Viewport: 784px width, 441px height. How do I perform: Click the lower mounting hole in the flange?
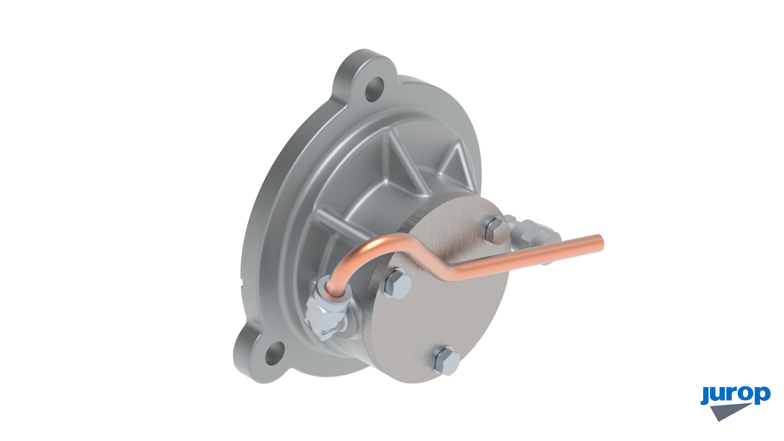pyautogui.click(x=275, y=354)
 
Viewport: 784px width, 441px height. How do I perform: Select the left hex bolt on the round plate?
pyautogui.click(x=396, y=283)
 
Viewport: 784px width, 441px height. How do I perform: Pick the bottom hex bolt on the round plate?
pyautogui.click(x=446, y=361)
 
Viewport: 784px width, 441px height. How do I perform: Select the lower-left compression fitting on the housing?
pyautogui.click(x=327, y=309)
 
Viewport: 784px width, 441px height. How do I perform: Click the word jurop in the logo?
pyautogui.click(x=735, y=394)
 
